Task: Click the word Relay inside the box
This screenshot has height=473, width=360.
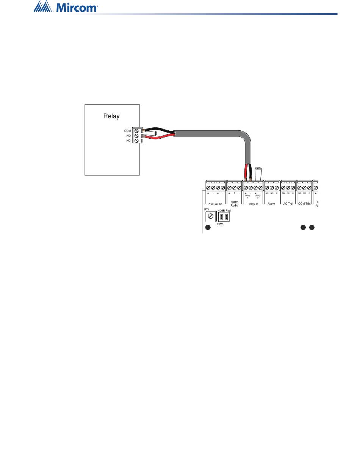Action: click(111, 116)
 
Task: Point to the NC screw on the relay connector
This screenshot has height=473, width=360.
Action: click(136, 141)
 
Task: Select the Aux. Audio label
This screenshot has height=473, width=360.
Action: click(215, 204)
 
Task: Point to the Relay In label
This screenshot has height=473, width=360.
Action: click(253, 204)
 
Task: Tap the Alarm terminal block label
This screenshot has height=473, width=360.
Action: click(271, 204)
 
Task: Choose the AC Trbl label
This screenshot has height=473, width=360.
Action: click(288, 204)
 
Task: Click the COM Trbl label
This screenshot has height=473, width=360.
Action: click(304, 204)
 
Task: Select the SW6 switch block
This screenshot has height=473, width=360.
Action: click(224, 217)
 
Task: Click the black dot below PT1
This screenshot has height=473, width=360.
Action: click(208, 228)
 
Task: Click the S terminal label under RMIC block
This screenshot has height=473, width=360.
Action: click(234, 193)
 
